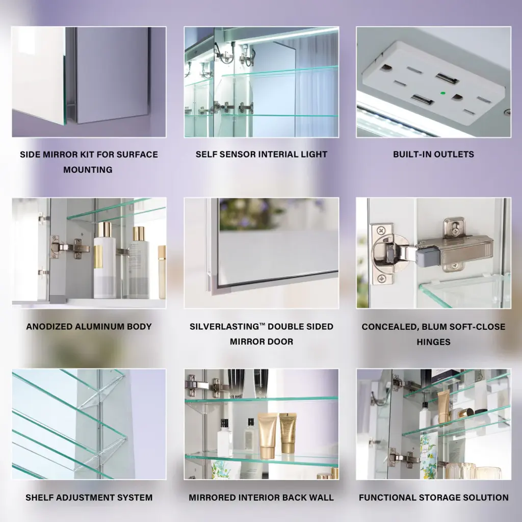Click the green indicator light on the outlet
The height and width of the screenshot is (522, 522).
click(443, 94)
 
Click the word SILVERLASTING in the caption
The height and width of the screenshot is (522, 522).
click(224, 327)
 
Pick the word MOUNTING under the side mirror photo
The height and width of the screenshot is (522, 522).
click(88, 169)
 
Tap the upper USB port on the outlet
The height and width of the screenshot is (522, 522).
click(447, 79)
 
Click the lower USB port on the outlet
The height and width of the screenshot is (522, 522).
click(422, 99)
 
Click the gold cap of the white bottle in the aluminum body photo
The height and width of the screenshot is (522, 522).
click(105, 230)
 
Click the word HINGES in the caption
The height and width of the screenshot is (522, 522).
click(433, 342)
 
